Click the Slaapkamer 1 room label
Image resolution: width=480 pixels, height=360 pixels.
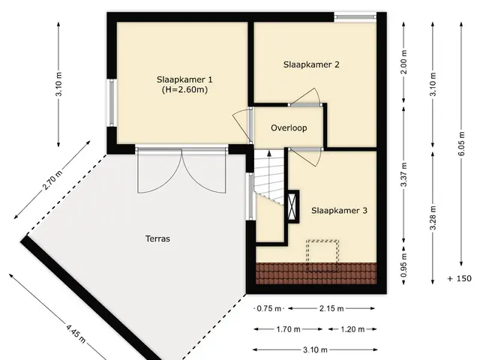184,79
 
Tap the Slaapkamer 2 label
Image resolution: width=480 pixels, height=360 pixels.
311,64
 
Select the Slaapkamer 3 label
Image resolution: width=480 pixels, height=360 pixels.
339,211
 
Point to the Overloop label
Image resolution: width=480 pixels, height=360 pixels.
289,127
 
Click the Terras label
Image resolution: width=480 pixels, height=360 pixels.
157,238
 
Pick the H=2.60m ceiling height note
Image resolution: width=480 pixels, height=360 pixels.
184,90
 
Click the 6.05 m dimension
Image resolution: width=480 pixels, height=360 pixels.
461,143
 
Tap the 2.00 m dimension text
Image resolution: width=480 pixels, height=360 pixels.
403,62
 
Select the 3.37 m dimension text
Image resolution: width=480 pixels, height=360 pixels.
403,175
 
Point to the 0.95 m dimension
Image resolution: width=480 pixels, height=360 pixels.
403,265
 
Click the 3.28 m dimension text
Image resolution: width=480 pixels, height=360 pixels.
433,218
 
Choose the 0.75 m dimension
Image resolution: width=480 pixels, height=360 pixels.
268,308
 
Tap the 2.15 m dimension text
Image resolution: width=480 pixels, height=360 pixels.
331,308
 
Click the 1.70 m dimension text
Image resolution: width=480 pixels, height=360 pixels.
288,329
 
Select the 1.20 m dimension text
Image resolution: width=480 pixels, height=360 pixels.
352,329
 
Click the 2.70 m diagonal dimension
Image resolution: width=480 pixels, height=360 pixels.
52,180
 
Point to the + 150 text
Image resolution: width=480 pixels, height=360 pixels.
459,278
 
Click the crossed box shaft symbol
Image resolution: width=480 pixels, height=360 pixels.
293,207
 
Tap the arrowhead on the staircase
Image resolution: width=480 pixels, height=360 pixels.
269,153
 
